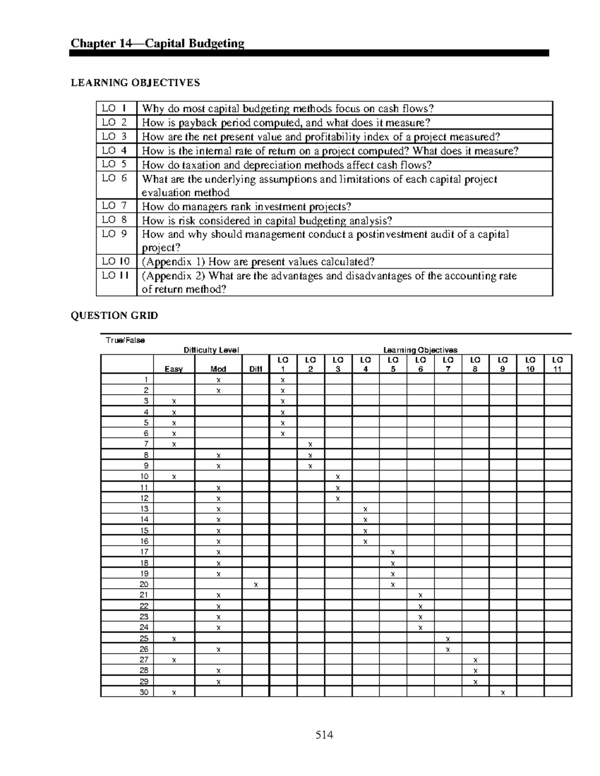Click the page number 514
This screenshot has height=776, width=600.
324,735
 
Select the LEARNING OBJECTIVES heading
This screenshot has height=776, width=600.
135,83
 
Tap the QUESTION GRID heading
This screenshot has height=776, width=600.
114,315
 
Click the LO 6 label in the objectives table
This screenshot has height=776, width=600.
114,178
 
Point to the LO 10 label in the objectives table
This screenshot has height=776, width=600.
115,261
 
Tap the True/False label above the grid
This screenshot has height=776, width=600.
125,340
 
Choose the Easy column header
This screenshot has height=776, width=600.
173,369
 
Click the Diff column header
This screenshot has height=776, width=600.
255,369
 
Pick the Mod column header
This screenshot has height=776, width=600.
218,369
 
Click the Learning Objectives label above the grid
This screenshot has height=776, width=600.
420,350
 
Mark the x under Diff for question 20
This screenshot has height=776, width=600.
255,584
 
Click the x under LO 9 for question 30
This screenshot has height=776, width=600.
502,693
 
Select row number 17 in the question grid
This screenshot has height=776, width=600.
144,552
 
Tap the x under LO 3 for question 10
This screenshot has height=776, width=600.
338,477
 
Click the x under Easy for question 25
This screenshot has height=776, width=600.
173,639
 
